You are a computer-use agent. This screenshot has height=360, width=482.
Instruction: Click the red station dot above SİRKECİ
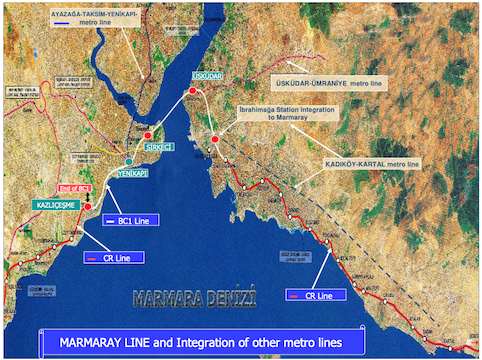tap(148, 134)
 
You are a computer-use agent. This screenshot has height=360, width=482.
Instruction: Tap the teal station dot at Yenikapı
tap(128, 161)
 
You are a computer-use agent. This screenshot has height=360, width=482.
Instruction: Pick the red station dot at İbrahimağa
tap(215, 139)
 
